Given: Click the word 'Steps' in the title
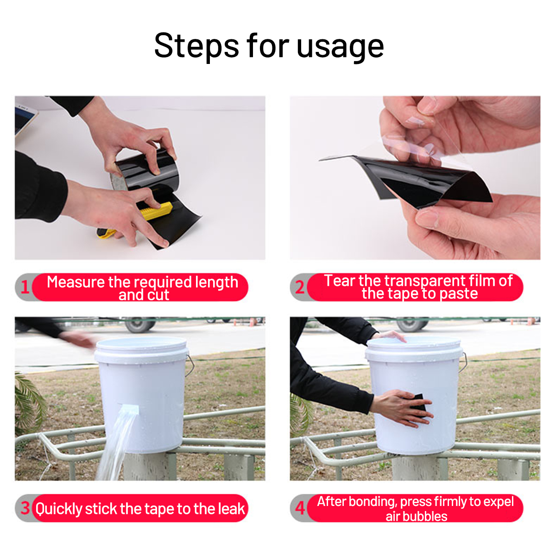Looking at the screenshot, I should (196, 46).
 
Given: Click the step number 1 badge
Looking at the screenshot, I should (25, 287).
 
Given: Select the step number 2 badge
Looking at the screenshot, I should (300, 287).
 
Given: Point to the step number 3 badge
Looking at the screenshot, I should (25, 508).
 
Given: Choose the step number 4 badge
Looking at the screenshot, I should (300, 508).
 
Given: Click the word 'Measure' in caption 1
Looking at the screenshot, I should (76, 282).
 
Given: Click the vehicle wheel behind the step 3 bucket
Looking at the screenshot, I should (139, 324).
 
